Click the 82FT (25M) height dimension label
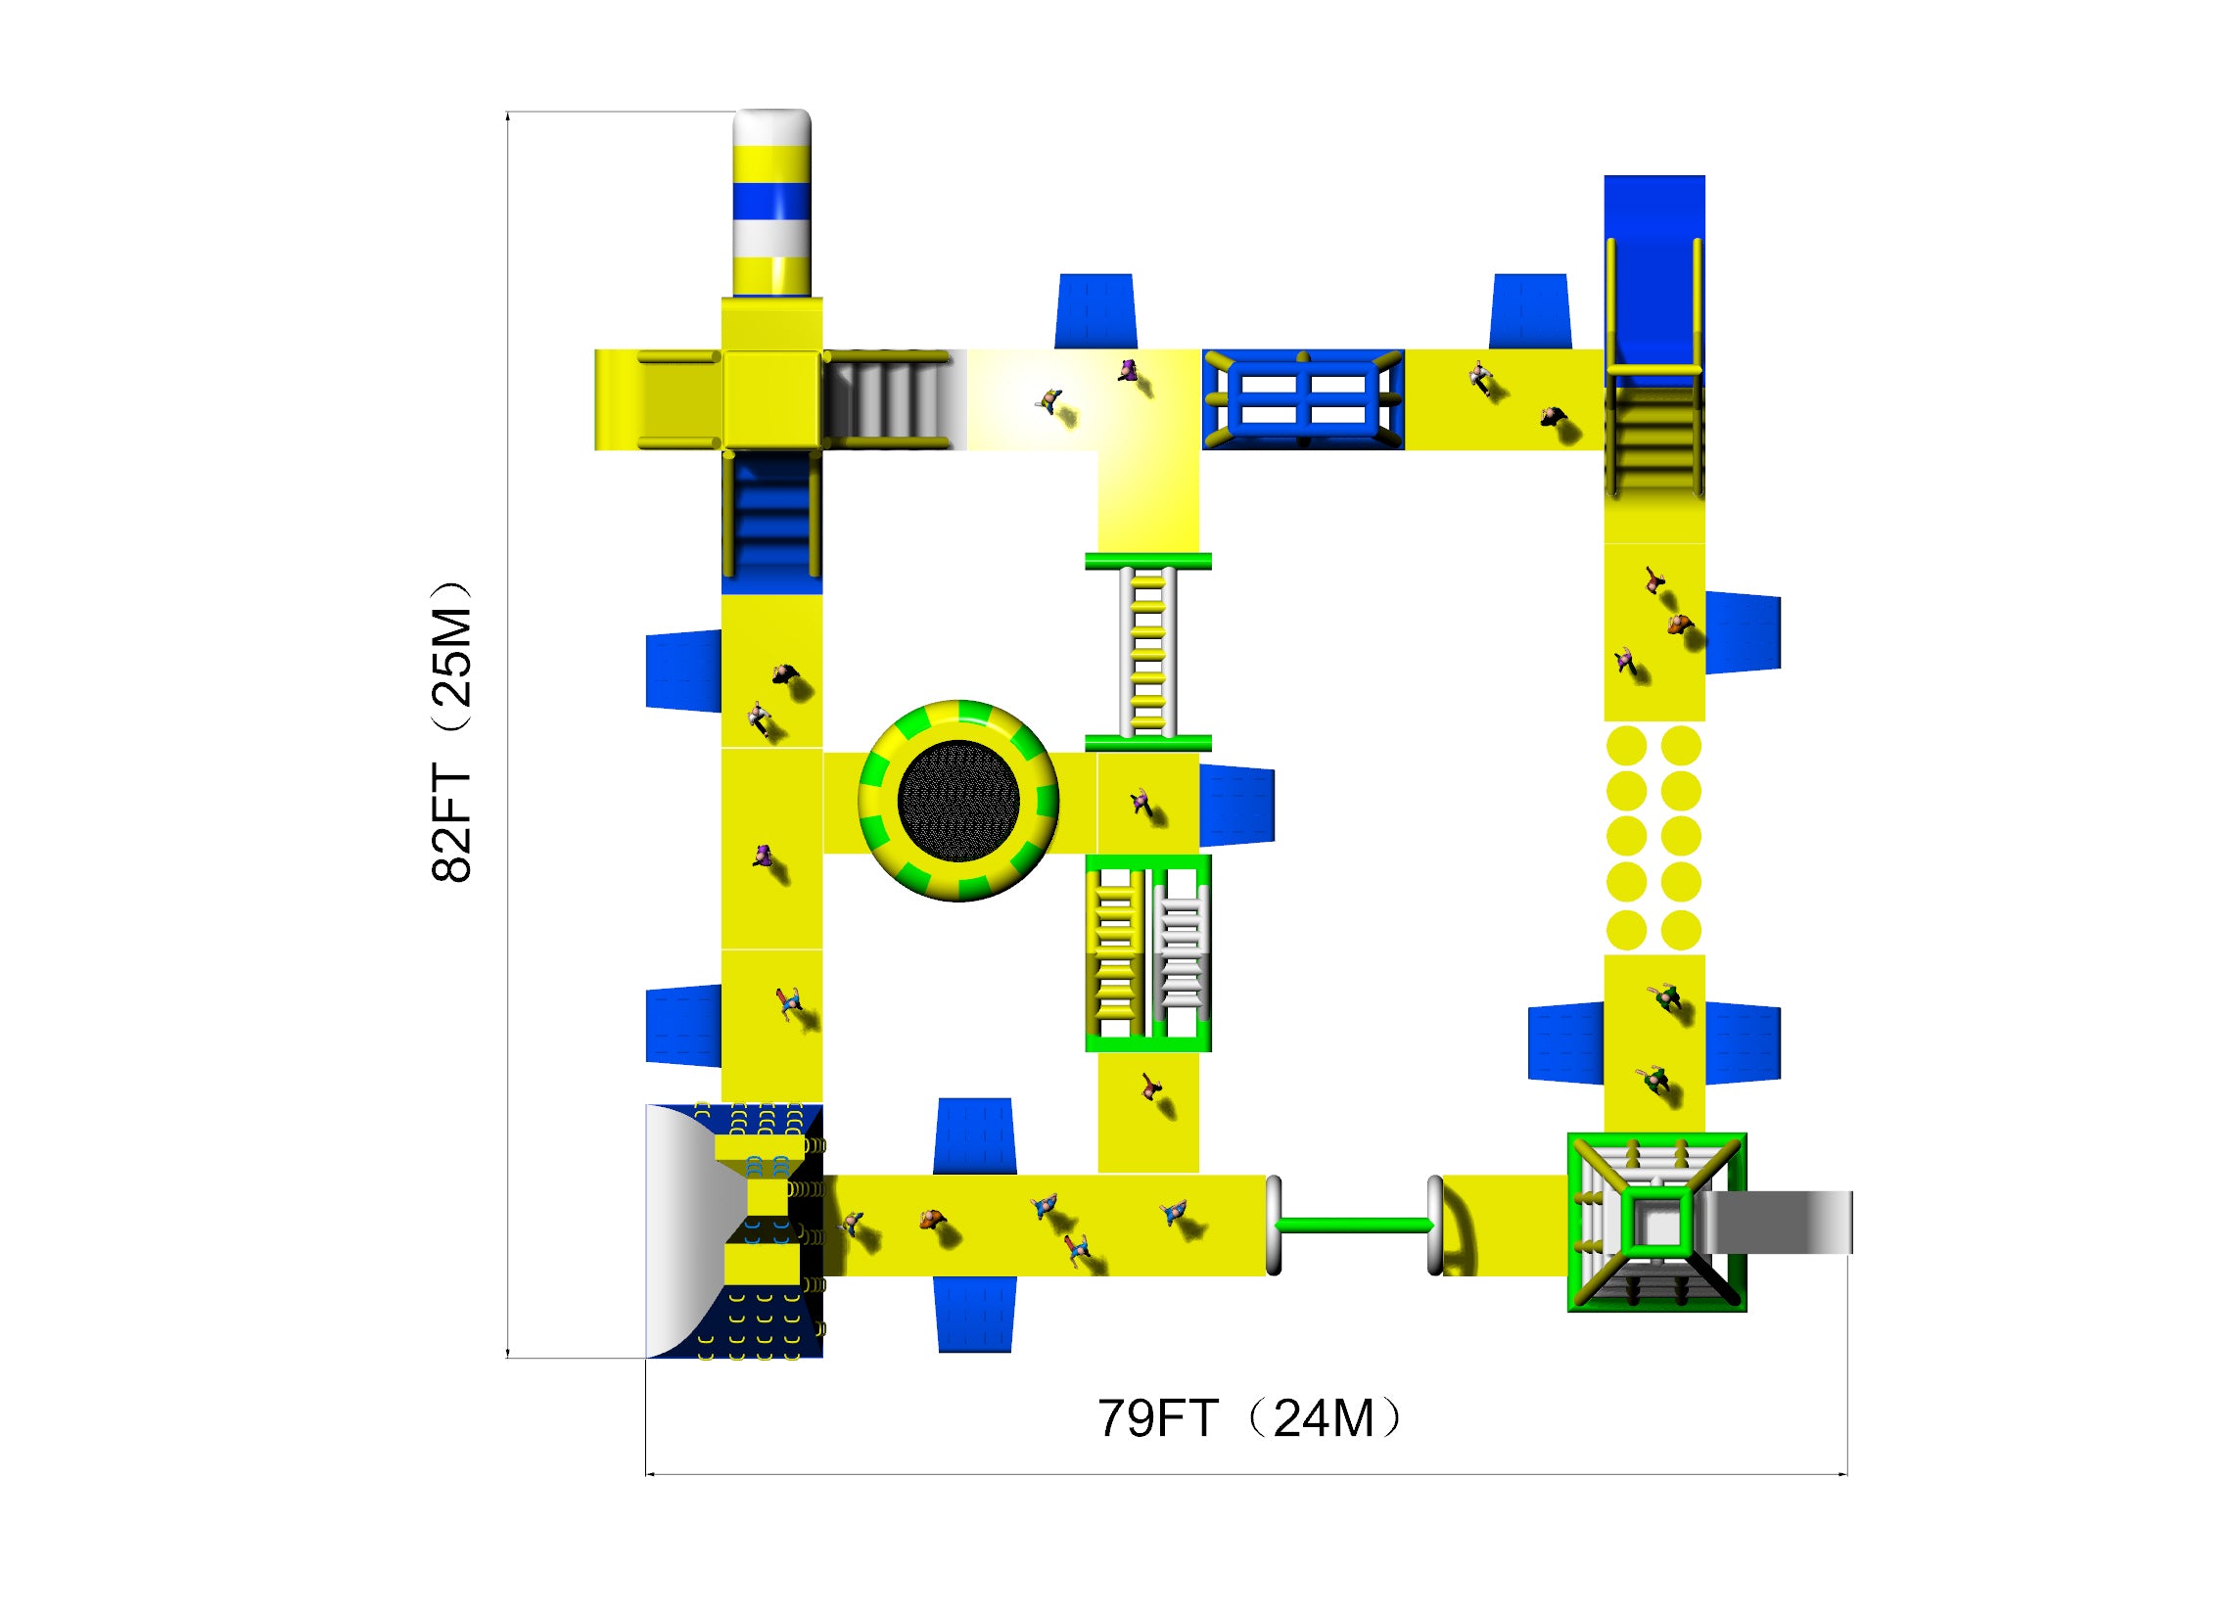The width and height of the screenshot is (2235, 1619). click(451, 731)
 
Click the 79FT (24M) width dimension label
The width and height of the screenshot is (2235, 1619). click(1248, 1418)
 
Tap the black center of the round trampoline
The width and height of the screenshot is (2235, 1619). click(957, 801)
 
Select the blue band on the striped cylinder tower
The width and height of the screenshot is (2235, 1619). click(771, 201)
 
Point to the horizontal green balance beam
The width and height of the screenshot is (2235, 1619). click(1354, 1225)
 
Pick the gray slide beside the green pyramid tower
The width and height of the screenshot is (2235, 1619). click(1779, 1222)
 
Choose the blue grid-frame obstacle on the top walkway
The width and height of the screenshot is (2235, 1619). click(1303, 399)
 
